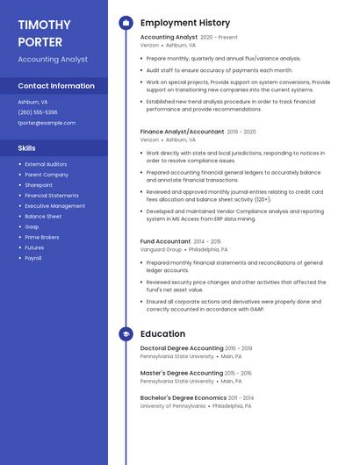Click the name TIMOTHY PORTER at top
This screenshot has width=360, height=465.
tap(43, 32)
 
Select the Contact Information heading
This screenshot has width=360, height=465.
tap(56, 86)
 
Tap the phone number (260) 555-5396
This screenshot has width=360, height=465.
tap(38, 112)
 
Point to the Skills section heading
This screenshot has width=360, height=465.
tap(27, 148)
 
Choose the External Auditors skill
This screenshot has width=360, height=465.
tap(46, 164)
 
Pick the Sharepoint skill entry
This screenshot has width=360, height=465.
tap(39, 185)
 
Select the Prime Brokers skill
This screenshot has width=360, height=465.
tap(42, 237)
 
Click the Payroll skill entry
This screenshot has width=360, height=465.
tap(33, 258)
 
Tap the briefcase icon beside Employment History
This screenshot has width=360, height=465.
tap(126, 23)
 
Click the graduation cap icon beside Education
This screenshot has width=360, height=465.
tap(126, 334)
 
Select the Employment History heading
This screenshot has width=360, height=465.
tap(185, 23)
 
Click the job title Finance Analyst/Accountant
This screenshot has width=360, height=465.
tap(182, 132)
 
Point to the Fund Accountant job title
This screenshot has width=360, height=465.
tap(165, 241)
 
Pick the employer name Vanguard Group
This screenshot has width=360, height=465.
tap(162, 249)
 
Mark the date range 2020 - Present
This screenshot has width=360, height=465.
tap(219, 38)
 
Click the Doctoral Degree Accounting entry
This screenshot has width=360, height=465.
tap(182, 348)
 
